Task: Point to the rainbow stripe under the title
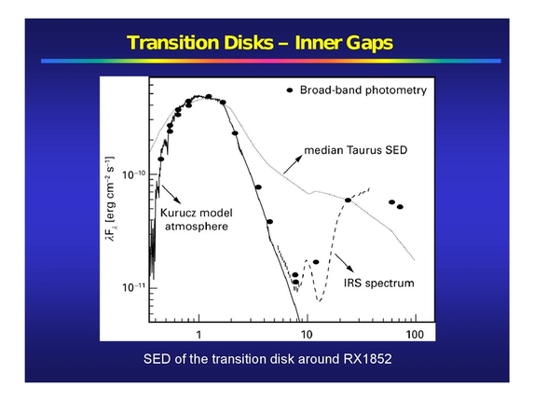tap(267, 62)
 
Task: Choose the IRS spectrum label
tap(377, 282)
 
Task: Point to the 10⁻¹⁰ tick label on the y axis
tap(133, 174)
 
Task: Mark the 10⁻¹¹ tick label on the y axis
tap(133, 288)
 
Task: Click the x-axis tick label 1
tap(199, 333)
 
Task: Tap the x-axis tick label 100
tap(414, 333)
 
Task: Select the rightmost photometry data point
tap(400, 206)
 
